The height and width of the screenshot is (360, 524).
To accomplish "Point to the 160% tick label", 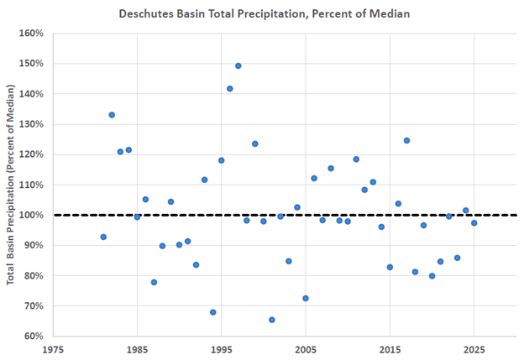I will [x=31, y=34].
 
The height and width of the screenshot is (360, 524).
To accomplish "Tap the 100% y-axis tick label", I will [x=31, y=215].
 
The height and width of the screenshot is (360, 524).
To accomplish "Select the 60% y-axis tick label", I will [x=34, y=336].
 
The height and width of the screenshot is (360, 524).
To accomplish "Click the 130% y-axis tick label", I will [x=31, y=124].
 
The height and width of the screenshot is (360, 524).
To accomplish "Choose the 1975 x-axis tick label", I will [x=53, y=348].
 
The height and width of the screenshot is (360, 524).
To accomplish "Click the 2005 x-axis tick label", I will [x=306, y=348].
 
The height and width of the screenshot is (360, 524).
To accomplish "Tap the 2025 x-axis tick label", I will [x=474, y=348].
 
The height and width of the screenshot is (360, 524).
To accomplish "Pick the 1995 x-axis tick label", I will [x=222, y=348].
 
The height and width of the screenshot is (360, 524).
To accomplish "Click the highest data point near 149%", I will [x=238, y=65].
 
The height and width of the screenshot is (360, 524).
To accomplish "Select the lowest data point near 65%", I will [x=272, y=320].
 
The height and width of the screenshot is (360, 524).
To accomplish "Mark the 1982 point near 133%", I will [x=112, y=115].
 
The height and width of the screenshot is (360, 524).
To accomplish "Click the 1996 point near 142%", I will [x=230, y=88].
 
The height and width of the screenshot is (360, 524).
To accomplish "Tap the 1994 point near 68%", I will [x=213, y=312].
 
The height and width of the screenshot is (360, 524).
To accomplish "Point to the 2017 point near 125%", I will [x=406, y=140].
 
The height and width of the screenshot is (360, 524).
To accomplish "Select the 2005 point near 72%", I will [x=306, y=298].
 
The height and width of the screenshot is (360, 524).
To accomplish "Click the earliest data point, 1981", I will [x=103, y=237].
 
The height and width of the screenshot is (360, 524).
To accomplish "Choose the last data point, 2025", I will [x=474, y=222].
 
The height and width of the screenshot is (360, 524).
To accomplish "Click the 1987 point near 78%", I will [x=154, y=282].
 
